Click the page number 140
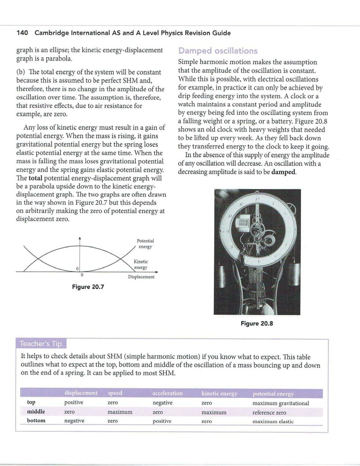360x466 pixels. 22,33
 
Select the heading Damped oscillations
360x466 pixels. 218,51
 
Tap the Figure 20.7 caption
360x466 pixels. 88,287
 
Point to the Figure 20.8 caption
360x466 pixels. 256,323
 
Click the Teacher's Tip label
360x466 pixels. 40,344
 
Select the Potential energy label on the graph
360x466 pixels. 145,244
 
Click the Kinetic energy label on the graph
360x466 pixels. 140,264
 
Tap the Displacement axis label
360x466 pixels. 141,277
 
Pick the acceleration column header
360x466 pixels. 167,393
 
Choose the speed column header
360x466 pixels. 115,393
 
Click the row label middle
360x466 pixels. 36,412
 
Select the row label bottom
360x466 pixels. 36,421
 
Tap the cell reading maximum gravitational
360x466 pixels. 281,403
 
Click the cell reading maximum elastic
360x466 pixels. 273,421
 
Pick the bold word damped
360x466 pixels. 284,172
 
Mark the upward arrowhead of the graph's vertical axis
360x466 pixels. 79,238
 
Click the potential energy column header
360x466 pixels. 273,394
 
